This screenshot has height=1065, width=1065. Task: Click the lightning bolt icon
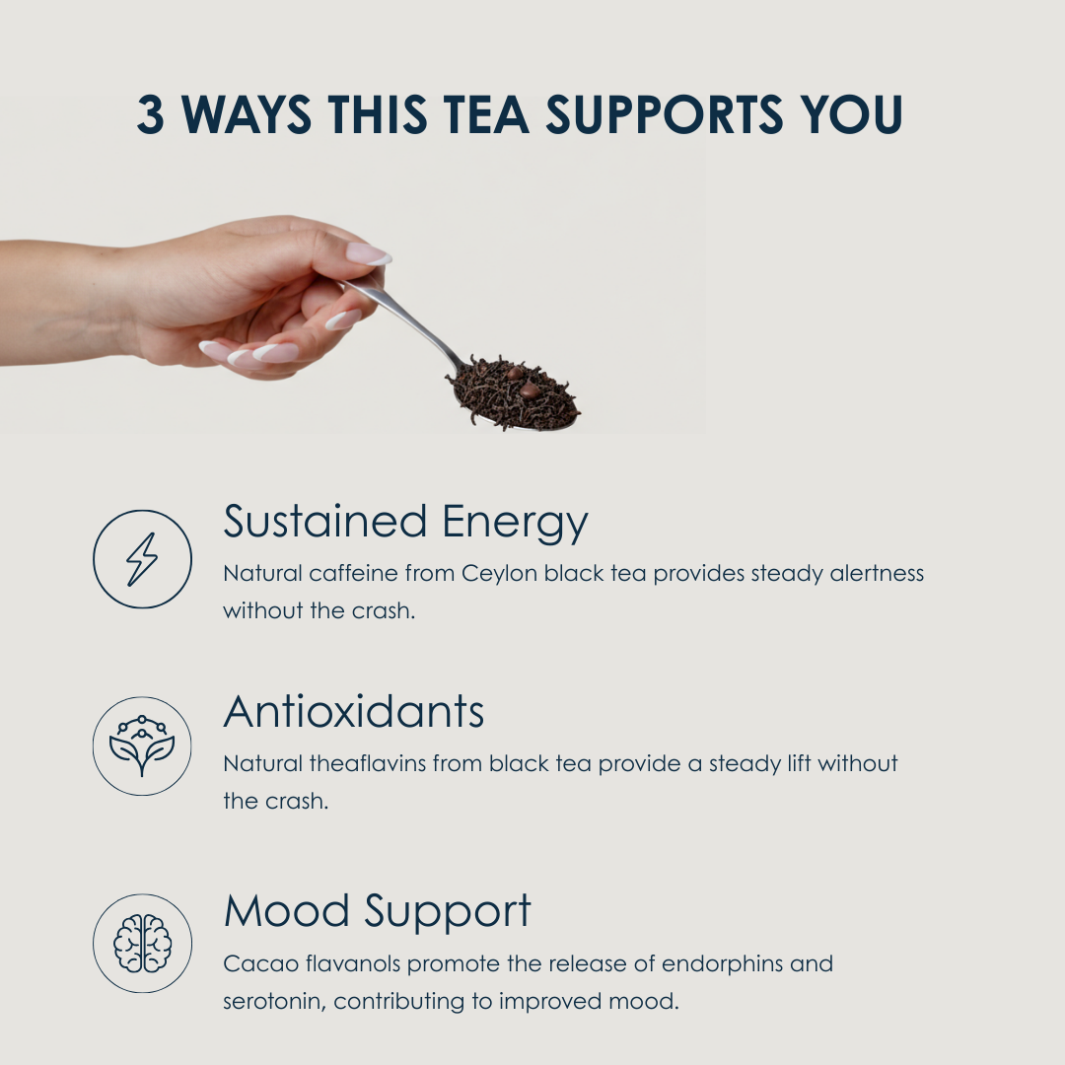point(142,559)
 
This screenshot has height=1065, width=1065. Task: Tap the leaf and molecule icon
point(142,745)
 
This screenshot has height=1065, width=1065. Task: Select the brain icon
point(142,943)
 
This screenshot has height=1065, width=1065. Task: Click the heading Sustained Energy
point(405,523)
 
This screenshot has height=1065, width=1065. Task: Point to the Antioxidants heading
point(353,712)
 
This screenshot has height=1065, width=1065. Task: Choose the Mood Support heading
point(377,911)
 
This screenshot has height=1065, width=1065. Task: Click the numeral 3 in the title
point(150,114)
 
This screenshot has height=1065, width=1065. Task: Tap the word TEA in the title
point(485,114)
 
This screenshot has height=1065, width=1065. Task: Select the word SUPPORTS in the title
point(665,114)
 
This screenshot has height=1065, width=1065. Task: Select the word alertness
point(877,573)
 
